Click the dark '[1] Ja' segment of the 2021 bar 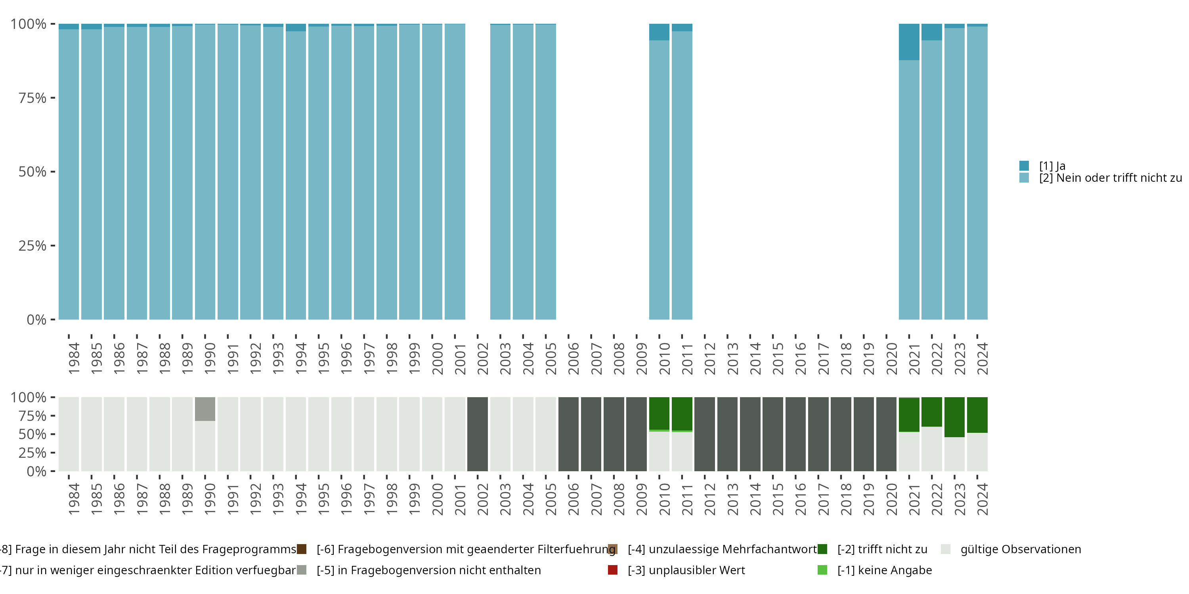(x=909, y=42)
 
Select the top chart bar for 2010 (x=659, y=180)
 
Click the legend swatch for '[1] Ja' (x=1024, y=166)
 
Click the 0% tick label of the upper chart (x=36, y=320)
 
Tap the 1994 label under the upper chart (x=301, y=358)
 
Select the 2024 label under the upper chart (x=982, y=358)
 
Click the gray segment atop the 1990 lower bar (x=205, y=409)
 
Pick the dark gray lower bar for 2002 (x=477, y=434)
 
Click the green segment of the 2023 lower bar (x=954, y=417)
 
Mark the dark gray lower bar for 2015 (x=773, y=434)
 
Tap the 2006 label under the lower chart (x=573, y=499)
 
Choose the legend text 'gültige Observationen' (x=1021, y=549)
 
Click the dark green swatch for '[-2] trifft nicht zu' (x=822, y=549)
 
